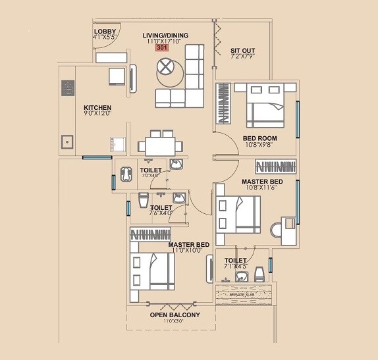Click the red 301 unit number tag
click(x=161, y=48)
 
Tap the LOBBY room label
click(x=105, y=32)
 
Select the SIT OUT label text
click(x=243, y=50)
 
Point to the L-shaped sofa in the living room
click(x=191, y=82)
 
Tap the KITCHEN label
click(x=97, y=108)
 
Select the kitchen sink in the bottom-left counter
click(x=67, y=141)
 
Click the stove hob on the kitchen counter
click(x=68, y=88)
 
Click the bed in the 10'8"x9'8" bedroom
click(x=265, y=105)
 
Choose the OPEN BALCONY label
click(x=175, y=315)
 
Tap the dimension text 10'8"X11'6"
click(x=262, y=188)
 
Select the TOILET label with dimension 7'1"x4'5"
click(x=235, y=261)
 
